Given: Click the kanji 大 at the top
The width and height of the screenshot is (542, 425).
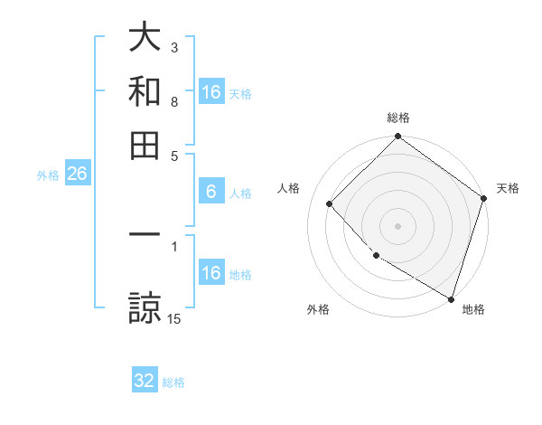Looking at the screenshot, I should coord(145,38).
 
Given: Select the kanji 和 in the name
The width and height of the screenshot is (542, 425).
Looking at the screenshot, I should coord(145,91).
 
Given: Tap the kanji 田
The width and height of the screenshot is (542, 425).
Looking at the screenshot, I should coord(145,145).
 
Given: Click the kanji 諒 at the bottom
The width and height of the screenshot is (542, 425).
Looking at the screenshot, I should coord(145,307).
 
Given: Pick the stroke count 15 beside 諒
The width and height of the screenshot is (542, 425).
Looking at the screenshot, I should coord(174,318).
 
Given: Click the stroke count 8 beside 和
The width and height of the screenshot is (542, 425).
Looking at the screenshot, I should coord(174,102).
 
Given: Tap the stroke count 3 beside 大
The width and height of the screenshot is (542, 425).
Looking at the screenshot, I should coord(174,47).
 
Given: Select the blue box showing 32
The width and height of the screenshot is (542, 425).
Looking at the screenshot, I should coord(145,381).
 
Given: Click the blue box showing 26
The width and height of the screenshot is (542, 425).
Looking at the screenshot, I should coord(77,175).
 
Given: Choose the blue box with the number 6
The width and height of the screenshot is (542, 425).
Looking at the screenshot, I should coord(210,192).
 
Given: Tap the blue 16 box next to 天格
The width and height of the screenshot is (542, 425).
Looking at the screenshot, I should coord(210,91).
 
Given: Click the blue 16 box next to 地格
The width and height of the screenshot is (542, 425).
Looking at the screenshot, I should coord(210,273).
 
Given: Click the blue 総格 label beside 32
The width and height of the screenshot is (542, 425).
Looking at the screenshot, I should coord(173,382).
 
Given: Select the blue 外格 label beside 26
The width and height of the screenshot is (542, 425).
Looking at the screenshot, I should coord(47,175).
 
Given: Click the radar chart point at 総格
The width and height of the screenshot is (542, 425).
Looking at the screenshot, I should coord(397,137).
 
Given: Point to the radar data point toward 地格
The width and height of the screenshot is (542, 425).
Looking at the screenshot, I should coord(451,298).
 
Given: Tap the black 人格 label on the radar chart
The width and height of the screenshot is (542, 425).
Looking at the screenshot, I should coord(289,188).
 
